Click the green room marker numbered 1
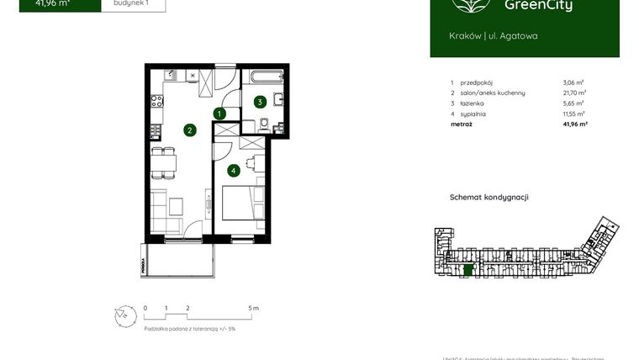click(219, 114)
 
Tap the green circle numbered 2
click(191, 130)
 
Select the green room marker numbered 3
click(261, 103)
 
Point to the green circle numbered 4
click(233, 171)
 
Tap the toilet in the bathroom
click(265, 125)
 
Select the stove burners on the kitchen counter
click(156, 103)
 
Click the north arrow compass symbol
click(124, 315)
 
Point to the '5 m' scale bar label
click(254, 309)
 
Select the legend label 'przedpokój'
click(477, 82)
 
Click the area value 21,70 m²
click(574, 93)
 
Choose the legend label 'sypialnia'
click(474, 114)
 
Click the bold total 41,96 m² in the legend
click(574, 124)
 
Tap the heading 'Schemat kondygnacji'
click(489, 197)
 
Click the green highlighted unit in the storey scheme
click(468, 270)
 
